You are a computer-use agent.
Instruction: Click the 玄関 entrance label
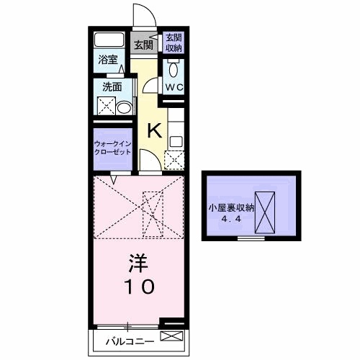pos(144,45)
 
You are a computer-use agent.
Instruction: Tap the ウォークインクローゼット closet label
pos(112,148)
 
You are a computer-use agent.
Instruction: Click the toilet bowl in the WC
pos(174,70)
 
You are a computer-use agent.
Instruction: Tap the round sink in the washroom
pos(125,109)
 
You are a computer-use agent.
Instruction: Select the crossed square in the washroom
pos(106,108)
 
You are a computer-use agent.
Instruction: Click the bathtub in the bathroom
pos(109,40)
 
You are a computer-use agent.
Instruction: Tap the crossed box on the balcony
pos(171,336)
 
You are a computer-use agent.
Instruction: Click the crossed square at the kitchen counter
pos(174,159)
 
